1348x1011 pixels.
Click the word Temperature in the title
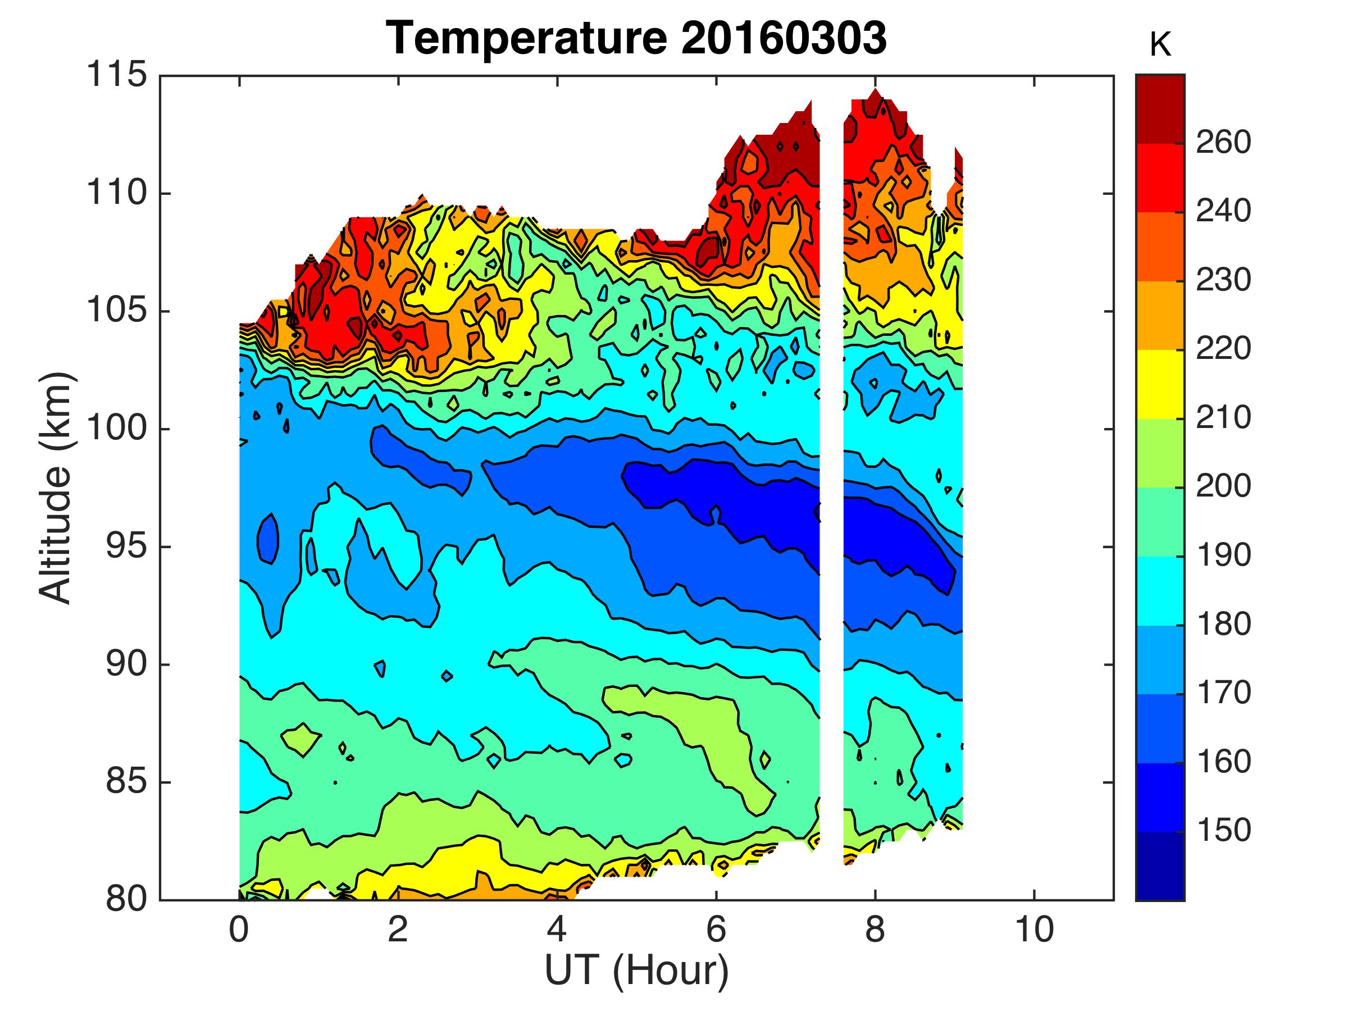(x=527, y=38)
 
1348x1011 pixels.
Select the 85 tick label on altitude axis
(x=127, y=782)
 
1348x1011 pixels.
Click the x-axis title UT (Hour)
(x=636, y=970)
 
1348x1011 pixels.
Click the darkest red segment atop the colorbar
(x=1160, y=108)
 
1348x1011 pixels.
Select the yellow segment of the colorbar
(x=1160, y=384)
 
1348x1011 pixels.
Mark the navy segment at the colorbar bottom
(x=1160, y=866)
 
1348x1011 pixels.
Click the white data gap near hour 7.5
(x=831, y=488)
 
